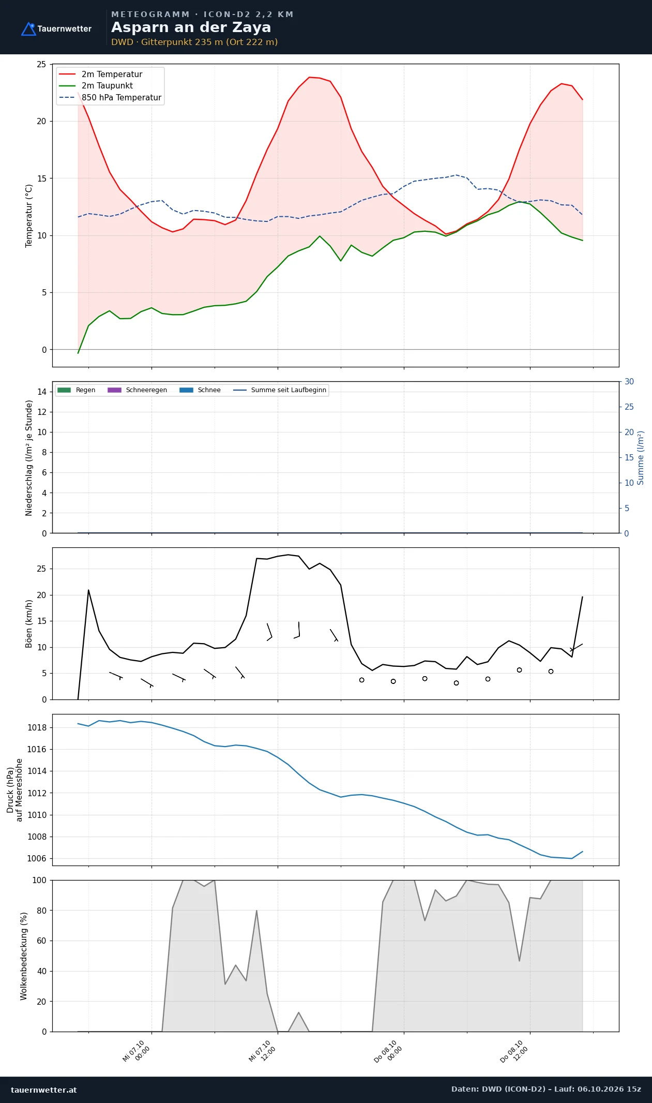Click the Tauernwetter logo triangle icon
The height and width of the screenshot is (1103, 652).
coord(28,29)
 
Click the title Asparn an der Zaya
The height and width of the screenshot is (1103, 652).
coord(191,27)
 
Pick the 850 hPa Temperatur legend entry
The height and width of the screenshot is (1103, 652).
coord(110,97)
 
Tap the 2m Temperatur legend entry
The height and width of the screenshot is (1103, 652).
coord(100,74)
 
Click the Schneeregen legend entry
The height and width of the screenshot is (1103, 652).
coord(137,390)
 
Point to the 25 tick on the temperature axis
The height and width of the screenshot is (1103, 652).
coord(41,64)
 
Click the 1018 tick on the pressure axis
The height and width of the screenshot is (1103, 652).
coord(37,727)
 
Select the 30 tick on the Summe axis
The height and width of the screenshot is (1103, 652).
coord(629,382)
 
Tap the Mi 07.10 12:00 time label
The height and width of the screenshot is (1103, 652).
coord(262,1051)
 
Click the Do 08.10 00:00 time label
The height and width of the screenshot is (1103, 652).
coord(388,1051)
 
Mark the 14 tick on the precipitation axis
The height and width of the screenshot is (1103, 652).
coord(42,392)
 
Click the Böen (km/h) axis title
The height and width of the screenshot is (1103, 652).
coord(29,623)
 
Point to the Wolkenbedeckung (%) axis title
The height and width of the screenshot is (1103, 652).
coord(24,956)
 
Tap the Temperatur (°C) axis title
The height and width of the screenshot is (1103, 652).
coord(29,216)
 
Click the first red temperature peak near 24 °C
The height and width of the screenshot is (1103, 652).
coord(309,77)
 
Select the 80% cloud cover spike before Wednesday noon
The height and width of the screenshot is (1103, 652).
coord(256,911)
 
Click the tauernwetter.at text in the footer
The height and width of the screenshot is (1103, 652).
coord(44,1090)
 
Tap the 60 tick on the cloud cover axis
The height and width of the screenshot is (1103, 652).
coord(41,941)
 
